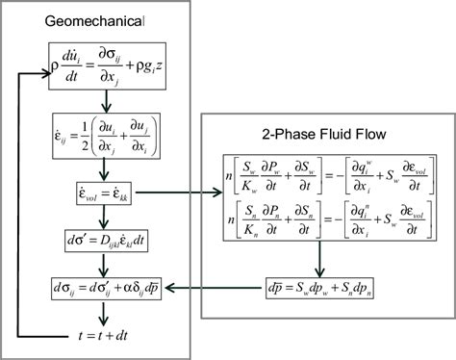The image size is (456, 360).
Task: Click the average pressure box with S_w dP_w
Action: [x=324, y=287]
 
